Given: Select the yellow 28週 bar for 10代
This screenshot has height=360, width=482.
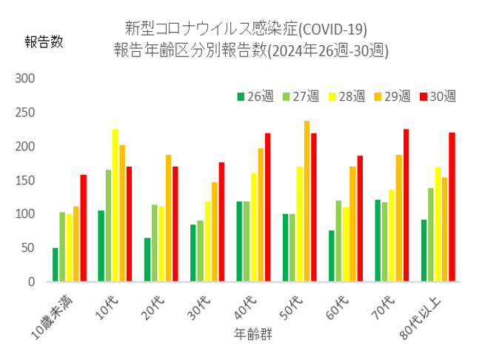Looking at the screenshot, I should [x=115, y=205].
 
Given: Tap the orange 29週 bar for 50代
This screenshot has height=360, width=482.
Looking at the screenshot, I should [x=307, y=201].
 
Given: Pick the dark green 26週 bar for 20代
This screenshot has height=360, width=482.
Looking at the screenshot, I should [x=147, y=259].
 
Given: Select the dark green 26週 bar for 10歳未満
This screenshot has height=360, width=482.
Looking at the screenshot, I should [x=55, y=264].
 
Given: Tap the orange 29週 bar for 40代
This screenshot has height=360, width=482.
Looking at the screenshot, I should [x=261, y=215].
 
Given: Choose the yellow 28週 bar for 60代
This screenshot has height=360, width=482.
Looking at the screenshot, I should [x=345, y=244].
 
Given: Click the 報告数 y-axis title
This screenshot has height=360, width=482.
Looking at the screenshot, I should [x=44, y=42].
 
